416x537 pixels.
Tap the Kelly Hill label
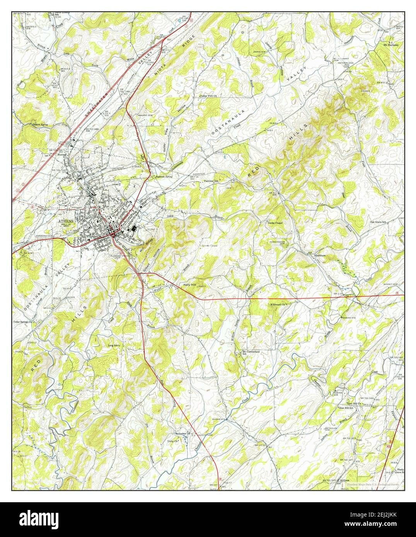[189, 285]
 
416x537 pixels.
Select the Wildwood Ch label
[280, 305]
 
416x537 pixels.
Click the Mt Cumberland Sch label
[251, 353]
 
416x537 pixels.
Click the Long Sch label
[113, 345]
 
